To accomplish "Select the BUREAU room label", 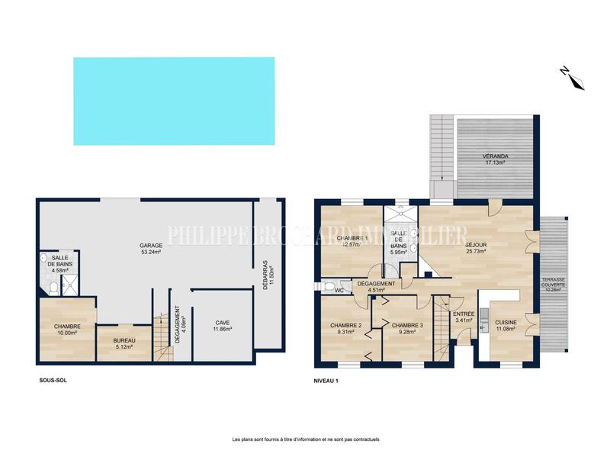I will [x=124, y=343].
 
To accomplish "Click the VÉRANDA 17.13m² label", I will [x=495, y=159].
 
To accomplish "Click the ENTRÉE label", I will [x=464, y=317].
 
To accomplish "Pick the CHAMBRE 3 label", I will [x=407, y=328].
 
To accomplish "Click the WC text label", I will [x=338, y=291].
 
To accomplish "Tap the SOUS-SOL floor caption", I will [x=52, y=380].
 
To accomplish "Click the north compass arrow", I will [x=571, y=77].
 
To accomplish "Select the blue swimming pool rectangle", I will [x=174, y=101].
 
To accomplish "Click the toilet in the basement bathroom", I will [x=52, y=288].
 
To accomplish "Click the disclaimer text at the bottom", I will [x=305, y=439].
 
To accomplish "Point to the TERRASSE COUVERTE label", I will [x=554, y=285].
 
